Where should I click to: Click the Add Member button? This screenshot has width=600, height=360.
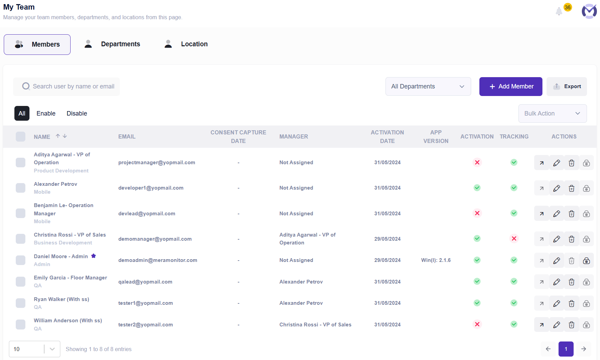[x=511, y=86]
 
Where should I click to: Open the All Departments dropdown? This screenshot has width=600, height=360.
[x=428, y=86]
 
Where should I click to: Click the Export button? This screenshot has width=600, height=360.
[x=567, y=86]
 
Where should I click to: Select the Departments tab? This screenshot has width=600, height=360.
[x=112, y=44]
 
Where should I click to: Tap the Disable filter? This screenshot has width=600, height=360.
[x=77, y=113]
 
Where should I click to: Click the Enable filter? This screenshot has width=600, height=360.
[x=46, y=113]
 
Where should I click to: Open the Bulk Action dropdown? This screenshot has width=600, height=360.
[x=552, y=113]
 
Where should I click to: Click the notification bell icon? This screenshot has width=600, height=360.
[x=559, y=11]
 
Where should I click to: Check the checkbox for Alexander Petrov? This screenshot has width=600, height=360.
[x=21, y=188]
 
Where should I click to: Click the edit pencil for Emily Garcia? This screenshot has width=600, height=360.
[x=556, y=282]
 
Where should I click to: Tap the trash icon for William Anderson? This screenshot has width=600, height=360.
[x=572, y=325]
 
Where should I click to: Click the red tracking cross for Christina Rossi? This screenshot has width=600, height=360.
[x=514, y=239]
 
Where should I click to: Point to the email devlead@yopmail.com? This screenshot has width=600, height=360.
[x=147, y=214]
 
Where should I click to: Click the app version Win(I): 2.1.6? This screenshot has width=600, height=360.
[x=436, y=260]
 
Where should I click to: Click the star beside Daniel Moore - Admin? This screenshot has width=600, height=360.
[x=94, y=256]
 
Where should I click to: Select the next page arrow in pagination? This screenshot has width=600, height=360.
[x=584, y=349]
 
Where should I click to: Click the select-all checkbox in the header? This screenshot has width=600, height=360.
[x=21, y=136]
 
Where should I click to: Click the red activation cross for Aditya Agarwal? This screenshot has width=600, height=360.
[x=477, y=162]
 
